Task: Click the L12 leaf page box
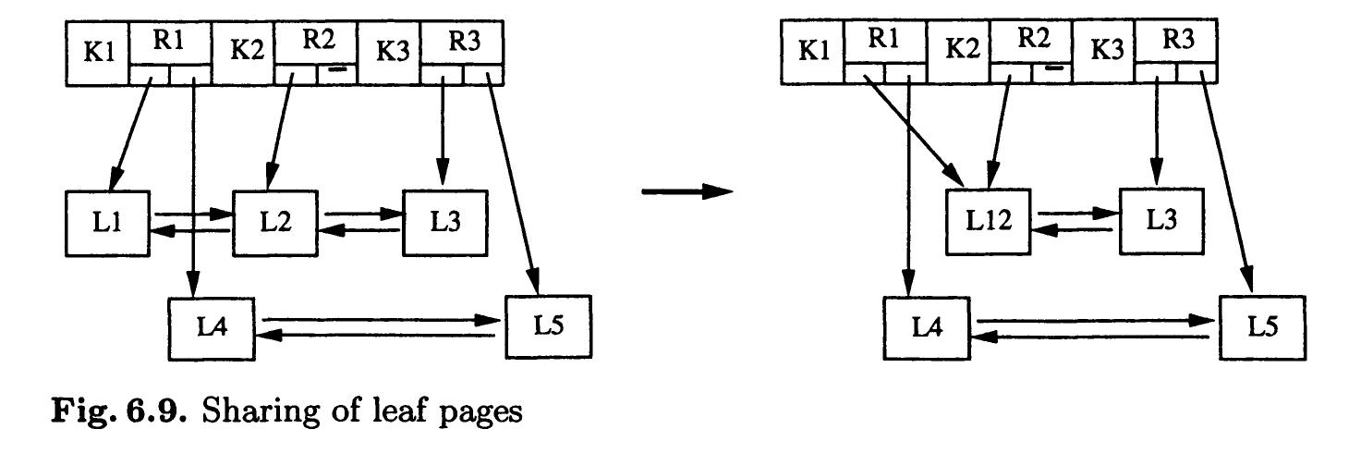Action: click(986, 223)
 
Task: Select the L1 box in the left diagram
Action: click(108, 223)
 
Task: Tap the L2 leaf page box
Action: click(273, 223)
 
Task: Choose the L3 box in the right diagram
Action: click(1161, 223)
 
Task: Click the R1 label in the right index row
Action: click(884, 41)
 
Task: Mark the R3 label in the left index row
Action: click(461, 41)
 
